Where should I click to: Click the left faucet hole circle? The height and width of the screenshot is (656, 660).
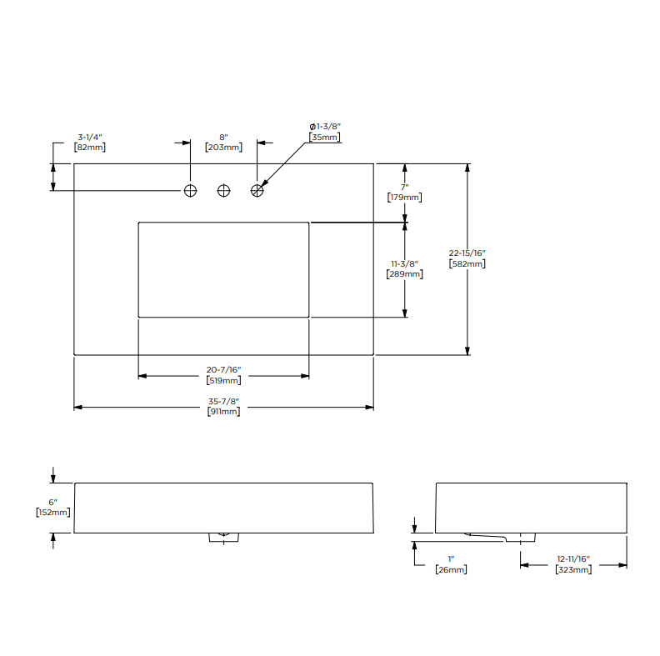click(x=190, y=191)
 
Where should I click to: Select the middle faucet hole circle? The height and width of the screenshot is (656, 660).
click(x=223, y=191)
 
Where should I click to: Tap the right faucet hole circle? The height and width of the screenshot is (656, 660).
click(x=257, y=191)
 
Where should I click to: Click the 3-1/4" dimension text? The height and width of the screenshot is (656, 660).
click(x=90, y=138)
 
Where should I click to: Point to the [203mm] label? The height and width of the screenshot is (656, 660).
click(x=223, y=148)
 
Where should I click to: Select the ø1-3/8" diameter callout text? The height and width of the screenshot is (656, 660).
click(x=325, y=127)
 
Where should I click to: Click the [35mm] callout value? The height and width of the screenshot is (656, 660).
click(x=324, y=137)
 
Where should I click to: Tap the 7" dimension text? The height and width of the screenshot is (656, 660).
click(x=404, y=187)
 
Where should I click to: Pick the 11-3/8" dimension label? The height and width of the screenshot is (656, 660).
click(x=404, y=264)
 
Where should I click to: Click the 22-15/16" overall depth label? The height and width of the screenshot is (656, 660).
click(x=467, y=253)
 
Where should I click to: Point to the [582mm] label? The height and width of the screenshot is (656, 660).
click(x=467, y=263)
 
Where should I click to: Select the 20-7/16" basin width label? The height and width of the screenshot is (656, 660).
click(x=223, y=370)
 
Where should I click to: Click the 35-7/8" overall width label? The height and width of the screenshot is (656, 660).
click(x=223, y=401)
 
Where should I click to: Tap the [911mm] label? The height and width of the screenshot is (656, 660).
click(x=223, y=412)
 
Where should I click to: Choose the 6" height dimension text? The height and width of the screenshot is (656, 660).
click(x=52, y=503)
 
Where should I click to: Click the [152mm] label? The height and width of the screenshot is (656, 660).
click(x=53, y=513)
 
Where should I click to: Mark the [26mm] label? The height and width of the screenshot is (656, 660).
click(x=451, y=569)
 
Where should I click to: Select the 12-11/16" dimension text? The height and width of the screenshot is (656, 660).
click(x=573, y=559)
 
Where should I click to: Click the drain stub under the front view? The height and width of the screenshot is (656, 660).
click(x=224, y=538)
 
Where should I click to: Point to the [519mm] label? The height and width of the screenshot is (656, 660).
click(x=223, y=380)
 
